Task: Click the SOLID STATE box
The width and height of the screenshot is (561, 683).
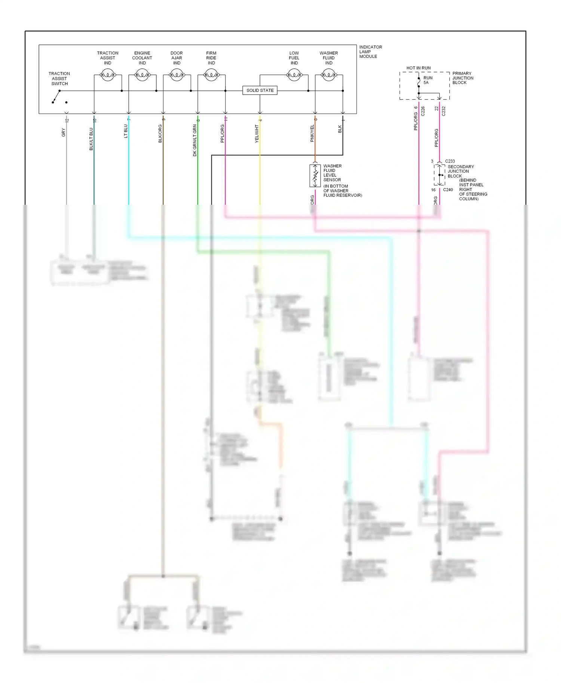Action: [260, 90]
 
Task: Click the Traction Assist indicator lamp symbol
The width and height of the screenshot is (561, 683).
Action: [108, 75]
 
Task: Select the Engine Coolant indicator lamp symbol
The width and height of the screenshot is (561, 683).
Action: [142, 75]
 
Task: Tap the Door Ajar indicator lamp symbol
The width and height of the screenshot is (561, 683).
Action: [177, 75]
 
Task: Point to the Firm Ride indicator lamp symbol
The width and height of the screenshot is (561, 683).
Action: [211, 75]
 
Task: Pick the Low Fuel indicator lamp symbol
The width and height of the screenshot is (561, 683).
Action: [294, 75]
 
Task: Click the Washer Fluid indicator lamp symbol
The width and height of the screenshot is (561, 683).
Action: [329, 75]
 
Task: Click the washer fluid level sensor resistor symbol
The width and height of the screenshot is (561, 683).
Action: [315, 175]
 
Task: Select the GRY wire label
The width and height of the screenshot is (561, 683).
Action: [64, 132]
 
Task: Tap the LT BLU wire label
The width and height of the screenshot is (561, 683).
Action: [126, 131]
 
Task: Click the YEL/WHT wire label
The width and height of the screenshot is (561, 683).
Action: [257, 134]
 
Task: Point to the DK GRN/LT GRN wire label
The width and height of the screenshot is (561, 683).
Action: [195, 140]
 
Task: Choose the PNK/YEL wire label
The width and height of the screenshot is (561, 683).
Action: [312, 133]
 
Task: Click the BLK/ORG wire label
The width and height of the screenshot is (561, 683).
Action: [160, 134]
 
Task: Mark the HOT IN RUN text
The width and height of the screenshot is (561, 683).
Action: [419, 68]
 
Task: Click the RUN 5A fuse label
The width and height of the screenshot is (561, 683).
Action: [427, 80]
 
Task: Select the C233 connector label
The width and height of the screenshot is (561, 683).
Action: [450, 161]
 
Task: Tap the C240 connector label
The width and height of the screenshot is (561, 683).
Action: [448, 190]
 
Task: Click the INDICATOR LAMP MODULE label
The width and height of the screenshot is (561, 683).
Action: [370, 52]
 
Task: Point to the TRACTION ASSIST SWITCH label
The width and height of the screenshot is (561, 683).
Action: [59, 79]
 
